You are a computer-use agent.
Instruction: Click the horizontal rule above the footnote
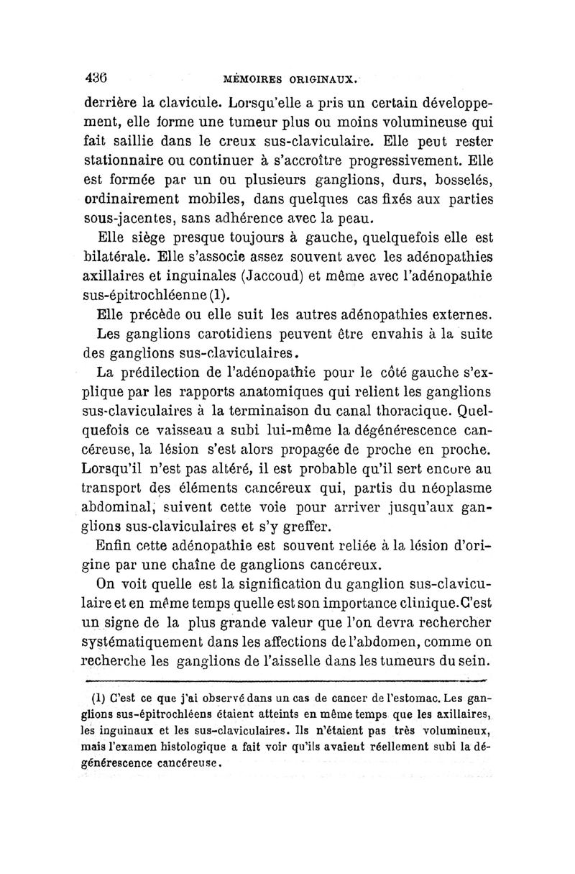pyautogui.click(x=287, y=678)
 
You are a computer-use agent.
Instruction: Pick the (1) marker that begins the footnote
pyautogui.click(x=94, y=698)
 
